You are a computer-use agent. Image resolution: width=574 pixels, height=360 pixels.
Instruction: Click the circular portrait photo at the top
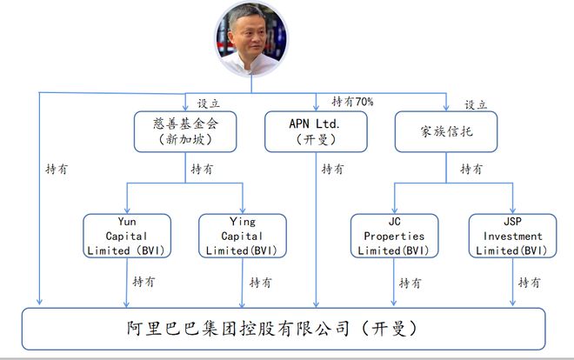click(x=251, y=39)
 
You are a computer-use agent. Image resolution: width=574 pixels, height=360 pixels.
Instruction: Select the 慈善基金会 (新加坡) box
click(x=185, y=131)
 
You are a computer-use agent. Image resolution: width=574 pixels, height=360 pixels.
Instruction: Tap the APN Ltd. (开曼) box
click(x=316, y=131)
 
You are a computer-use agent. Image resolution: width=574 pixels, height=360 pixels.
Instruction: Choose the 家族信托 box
click(x=446, y=131)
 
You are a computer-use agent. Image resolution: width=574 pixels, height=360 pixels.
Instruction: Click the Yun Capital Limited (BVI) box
click(x=127, y=236)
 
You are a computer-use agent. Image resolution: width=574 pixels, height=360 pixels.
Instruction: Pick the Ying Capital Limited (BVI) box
click(x=243, y=236)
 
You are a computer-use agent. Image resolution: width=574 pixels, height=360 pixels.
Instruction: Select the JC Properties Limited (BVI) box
click(x=394, y=236)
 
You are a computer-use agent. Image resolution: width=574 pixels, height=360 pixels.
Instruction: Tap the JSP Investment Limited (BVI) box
click(x=512, y=236)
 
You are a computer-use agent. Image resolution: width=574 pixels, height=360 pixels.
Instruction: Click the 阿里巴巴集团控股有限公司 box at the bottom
click(x=284, y=329)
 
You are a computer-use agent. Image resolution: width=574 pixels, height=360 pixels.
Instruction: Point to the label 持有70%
click(x=352, y=102)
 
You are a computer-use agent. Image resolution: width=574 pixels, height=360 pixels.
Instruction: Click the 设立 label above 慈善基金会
click(x=209, y=103)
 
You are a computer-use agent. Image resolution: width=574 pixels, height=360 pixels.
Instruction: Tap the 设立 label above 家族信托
click(x=476, y=105)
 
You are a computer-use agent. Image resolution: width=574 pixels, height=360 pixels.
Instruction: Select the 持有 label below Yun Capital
click(x=143, y=282)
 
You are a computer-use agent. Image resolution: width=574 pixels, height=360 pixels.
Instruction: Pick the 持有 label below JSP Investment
click(x=530, y=283)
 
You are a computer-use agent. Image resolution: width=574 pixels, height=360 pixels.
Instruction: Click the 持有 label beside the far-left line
click(x=57, y=169)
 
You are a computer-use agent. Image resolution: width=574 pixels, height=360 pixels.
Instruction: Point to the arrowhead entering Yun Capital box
click(x=127, y=210)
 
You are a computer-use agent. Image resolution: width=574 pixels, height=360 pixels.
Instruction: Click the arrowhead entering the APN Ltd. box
click(x=316, y=107)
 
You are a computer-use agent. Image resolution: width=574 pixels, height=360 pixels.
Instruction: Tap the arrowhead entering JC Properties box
click(x=394, y=210)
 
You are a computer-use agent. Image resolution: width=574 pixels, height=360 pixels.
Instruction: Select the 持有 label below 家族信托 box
click(x=471, y=169)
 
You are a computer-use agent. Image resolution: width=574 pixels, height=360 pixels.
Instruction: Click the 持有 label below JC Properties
click(x=410, y=283)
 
